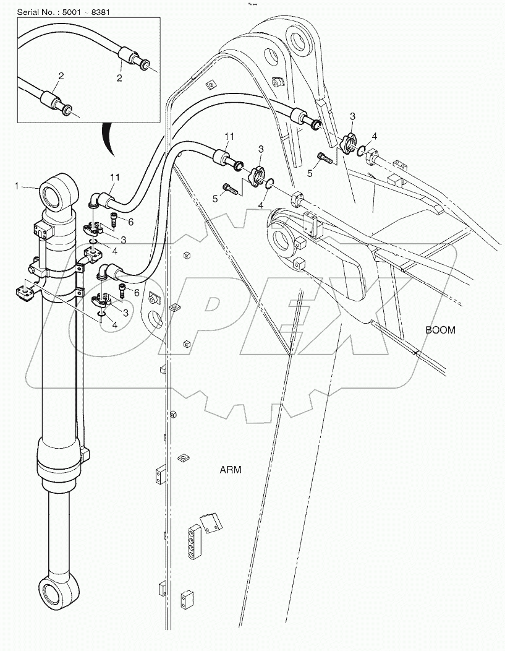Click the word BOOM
[440, 330]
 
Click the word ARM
[231, 470]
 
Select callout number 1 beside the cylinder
[18, 184]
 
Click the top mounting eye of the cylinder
[59, 192]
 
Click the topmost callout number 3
[352, 116]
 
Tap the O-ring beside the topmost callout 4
[365, 149]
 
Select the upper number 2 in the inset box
[119, 77]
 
